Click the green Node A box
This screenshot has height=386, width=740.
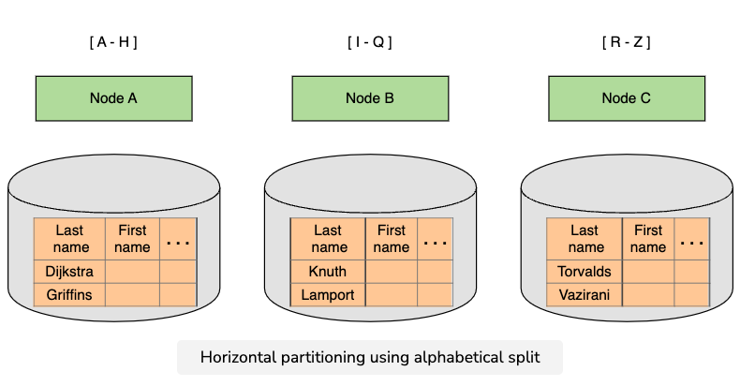pyautogui.click(x=113, y=97)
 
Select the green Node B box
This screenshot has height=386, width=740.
pyautogui.click(x=370, y=97)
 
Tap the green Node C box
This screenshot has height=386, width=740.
pyautogui.click(x=626, y=97)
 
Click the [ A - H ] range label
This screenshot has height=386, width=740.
pyautogui.click(x=113, y=42)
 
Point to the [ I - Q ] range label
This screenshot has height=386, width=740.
pyautogui.click(x=370, y=42)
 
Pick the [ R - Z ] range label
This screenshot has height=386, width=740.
pyautogui.click(x=626, y=42)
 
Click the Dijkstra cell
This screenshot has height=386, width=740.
pyautogui.click(x=70, y=272)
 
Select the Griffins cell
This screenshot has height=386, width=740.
pyautogui.click(x=70, y=294)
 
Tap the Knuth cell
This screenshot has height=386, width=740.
pyautogui.click(x=327, y=272)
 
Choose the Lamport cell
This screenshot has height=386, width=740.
pyautogui.click(x=327, y=294)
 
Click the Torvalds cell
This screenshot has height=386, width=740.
pyautogui.click(x=585, y=272)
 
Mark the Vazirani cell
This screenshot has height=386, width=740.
pyautogui.click(x=585, y=294)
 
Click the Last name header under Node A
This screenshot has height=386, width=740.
pyautogui.click(x=70, y=239)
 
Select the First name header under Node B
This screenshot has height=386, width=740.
pyautogui.click(x=391, y=239)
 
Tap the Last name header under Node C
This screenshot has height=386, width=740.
pyautogui.click(x=585, y=239)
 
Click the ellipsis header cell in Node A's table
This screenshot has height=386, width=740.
pyautogui.click(x=178, y=239)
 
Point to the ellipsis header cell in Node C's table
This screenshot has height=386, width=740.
pyautogui.click(x=691, y=239)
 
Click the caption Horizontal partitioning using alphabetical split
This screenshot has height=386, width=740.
pyautogui.click(x=369, y=357)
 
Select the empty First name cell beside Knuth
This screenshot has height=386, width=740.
pyautogui.click(x=391, y=272)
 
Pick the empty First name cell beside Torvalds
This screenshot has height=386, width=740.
pyautogui.click(x=647, y=272)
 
